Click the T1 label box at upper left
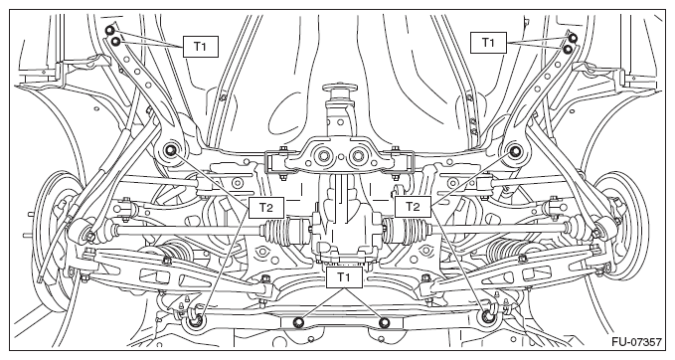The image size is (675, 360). pos(201,47)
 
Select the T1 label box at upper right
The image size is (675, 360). pos(488,42)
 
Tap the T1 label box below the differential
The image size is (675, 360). pos(344,277)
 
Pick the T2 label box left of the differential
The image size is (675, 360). pos(266,208)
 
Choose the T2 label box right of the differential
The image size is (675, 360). pos(413,207)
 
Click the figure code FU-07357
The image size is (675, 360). pos(636,343)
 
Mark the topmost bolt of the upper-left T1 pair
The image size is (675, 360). pos(110,30)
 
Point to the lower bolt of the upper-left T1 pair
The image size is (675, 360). pos(115,42)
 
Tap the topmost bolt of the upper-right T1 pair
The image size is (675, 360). pos(573,38)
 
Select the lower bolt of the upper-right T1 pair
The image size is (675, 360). pos(568,49)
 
